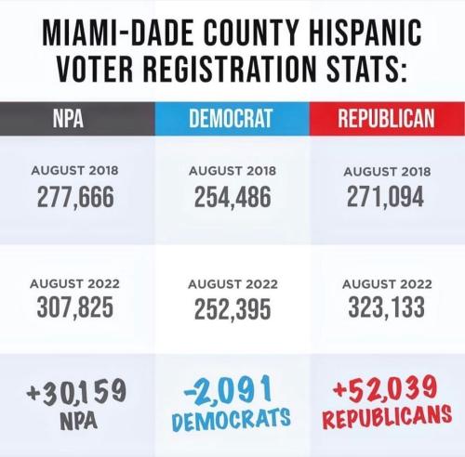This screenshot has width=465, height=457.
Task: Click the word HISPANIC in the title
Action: [365, 33]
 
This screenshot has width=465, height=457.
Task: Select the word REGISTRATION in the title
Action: [229, 68]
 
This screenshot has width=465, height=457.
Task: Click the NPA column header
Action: [68, 118]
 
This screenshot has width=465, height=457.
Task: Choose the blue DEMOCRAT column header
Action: [231, 118]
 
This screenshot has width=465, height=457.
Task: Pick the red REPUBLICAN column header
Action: [386, 118]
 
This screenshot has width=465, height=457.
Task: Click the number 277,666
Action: [75, 197]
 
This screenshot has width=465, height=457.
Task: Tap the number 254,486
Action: [232, 197]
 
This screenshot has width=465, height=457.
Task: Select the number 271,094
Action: [385, 197]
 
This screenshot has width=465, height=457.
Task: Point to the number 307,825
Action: [75, 307]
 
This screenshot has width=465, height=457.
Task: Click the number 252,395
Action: [232, 309]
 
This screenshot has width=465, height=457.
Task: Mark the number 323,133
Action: [386, 307]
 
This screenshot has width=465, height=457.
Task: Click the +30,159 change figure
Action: [76, 393]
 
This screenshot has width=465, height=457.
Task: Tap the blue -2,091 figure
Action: [228, 389]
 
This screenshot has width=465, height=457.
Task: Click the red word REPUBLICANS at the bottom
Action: [387, 416]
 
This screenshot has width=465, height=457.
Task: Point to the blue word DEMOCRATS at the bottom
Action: [232, 419]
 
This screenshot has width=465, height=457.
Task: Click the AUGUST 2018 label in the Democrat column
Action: [232, 171]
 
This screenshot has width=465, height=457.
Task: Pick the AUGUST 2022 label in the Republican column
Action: [387, 284]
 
